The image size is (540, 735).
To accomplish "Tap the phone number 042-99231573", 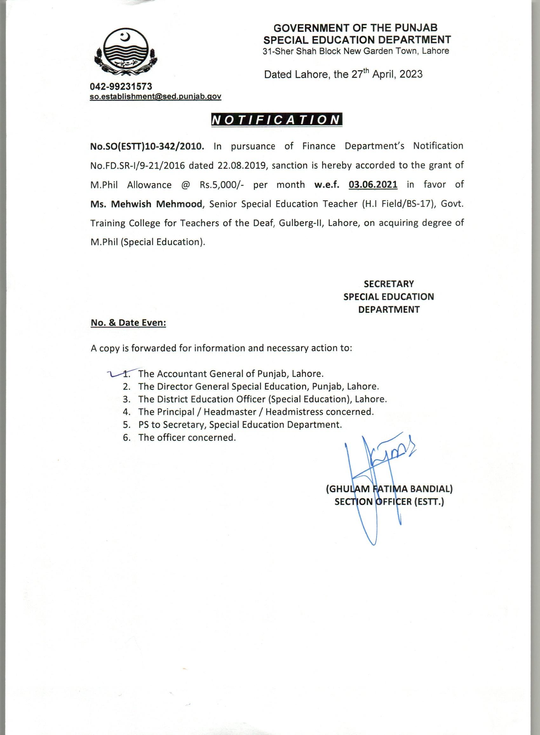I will [121, 86].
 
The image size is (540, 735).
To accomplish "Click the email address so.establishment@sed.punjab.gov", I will [156, 97].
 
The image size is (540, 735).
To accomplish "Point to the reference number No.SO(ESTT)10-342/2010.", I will [147, 146].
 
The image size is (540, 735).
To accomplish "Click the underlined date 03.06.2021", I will [373, 185].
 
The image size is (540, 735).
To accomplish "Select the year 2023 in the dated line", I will [411, 74].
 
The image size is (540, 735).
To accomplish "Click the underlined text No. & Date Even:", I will [128, 323].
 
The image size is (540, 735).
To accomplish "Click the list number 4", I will [127, 412].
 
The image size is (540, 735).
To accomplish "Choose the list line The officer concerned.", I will [187, 438].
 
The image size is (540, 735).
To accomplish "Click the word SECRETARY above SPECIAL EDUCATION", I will [389, 284].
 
